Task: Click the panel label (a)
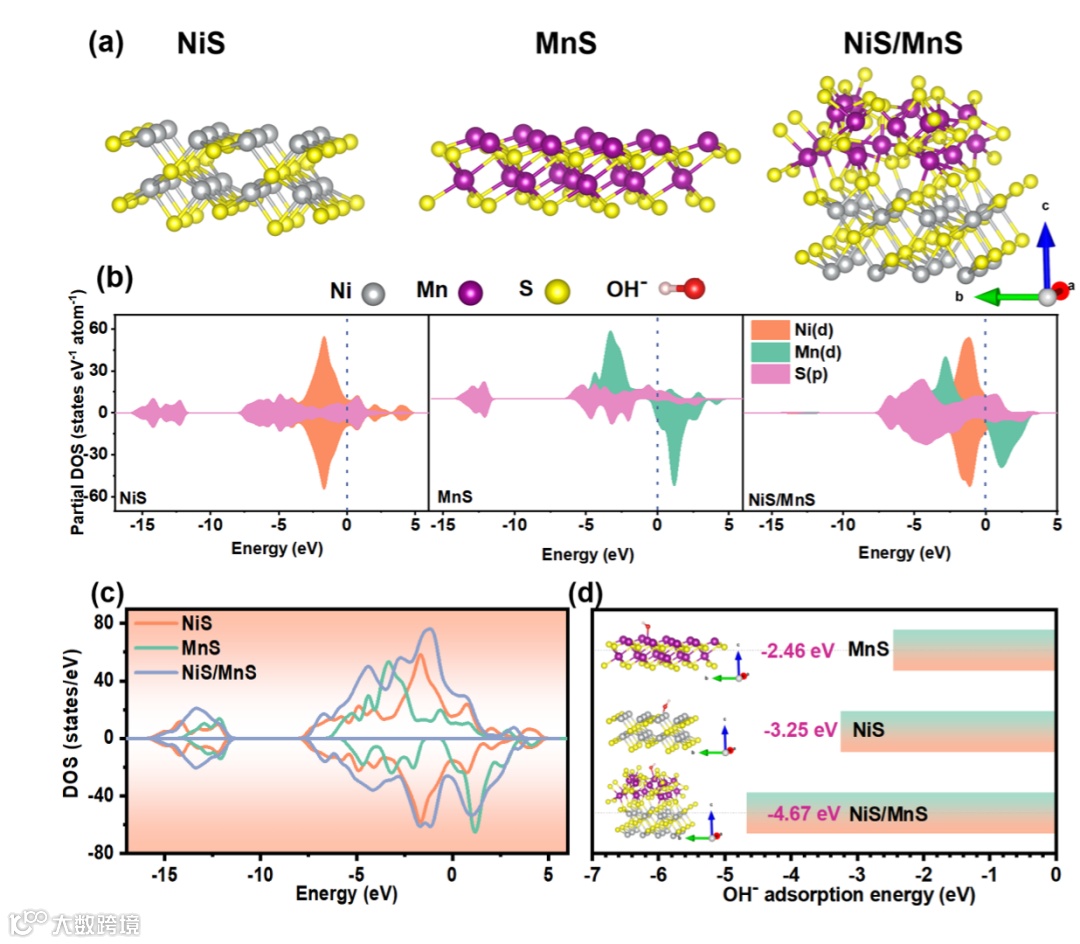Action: coord(106,43)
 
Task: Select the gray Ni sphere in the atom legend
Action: coord(374,292)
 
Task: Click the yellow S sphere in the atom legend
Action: coord(558,292)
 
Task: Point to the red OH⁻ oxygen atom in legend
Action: coord(693,290)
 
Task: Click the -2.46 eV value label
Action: coord(796,651)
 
